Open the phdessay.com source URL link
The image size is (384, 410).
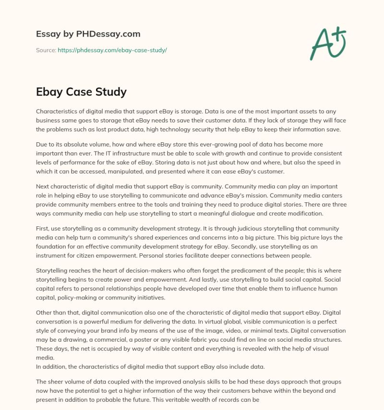(x=112, y=50)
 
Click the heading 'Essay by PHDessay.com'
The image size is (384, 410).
(x=88, y=34)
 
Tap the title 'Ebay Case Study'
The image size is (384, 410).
(x=81, y=91)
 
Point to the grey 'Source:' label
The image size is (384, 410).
(x=46, y=50)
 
